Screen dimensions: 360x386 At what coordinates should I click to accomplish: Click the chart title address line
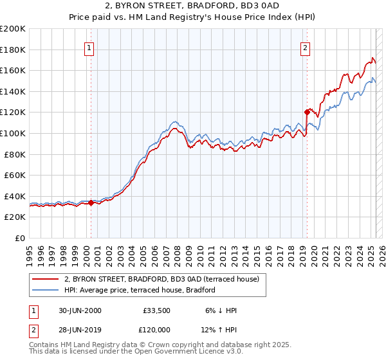tap(192, 7)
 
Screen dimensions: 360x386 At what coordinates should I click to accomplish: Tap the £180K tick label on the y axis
tap(13, 50)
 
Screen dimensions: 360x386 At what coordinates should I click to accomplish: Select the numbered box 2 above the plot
tap(305, 47)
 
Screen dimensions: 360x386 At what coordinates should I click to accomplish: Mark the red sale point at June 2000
tap(91, 203)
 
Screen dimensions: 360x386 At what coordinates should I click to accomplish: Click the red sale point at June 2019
tap(307, 112)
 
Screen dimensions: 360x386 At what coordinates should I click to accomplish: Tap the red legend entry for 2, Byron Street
tap(161, 279)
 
